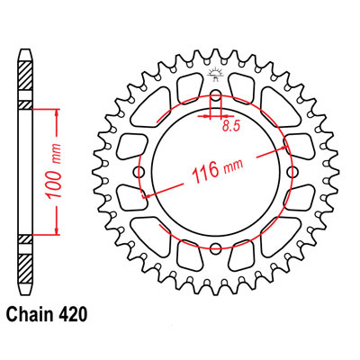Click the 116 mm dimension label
point(217,170)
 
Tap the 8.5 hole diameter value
point(231,127)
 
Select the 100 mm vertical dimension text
point(53,172)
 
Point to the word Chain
point(29,315)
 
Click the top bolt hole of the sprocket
point(215,97)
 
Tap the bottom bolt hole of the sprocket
point(215,247)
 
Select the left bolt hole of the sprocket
point(139,172)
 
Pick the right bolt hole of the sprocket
point(291,172)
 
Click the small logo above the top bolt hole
point(215,75)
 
